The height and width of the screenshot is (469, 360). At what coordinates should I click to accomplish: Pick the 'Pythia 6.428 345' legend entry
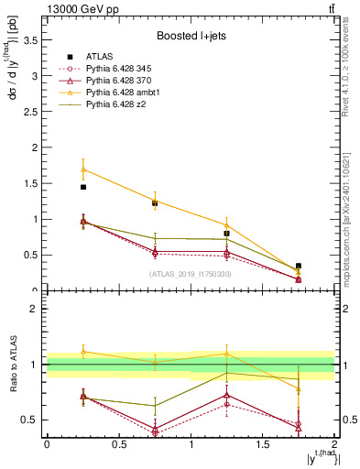point(124,70)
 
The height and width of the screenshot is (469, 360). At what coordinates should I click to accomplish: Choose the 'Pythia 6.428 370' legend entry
point(124,82)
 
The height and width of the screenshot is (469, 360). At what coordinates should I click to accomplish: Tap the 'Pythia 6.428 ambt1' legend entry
point(127,93)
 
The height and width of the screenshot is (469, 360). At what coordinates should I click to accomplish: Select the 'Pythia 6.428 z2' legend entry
point(119,105)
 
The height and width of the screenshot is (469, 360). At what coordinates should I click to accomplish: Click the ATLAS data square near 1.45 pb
point(83,187)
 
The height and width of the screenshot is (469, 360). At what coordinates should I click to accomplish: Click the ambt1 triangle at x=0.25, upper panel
point(83,169)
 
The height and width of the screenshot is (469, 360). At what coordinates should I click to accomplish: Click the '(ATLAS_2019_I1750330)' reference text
point(190,274)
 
